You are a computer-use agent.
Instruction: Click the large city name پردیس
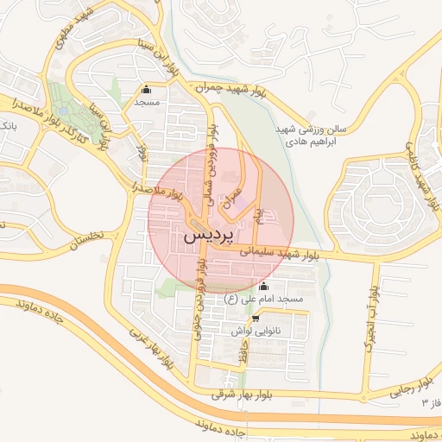pos(210,235)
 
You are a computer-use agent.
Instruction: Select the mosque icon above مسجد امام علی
pos(263,287)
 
